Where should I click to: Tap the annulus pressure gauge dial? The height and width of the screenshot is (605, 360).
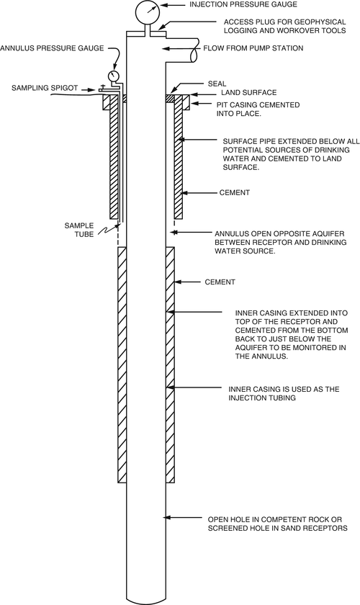point(114,75)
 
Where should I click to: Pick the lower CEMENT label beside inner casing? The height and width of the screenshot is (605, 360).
point(220,282)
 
